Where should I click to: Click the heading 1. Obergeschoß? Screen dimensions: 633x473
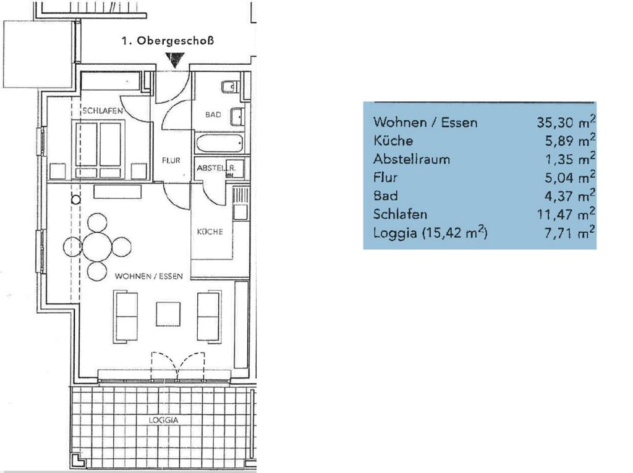(x=168, y=41)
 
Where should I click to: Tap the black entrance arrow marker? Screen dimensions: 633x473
(x=175, y=61)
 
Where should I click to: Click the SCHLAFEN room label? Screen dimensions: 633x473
(x=103, y=111)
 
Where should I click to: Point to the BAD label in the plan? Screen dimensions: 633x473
(x=213, y=114)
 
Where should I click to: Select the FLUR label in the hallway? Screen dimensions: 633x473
(x=171, y=161)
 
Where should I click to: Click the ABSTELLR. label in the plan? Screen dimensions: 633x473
(x=216, y=168)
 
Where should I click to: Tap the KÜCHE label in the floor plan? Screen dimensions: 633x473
(x=210, y=232)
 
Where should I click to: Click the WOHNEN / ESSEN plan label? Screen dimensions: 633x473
(x=149, y=276)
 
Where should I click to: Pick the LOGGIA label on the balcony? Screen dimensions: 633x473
(x=163, y=420)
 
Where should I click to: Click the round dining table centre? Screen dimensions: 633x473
(x=97, y=246)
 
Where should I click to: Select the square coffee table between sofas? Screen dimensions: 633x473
(x=168, y=314)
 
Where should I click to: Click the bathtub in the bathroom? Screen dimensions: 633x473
(x=219, y=143)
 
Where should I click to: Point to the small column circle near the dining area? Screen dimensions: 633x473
(x=75, y=199)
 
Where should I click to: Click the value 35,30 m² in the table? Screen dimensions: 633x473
(x=566, y=122)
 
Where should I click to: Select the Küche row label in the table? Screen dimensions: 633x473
(x=393, y=140)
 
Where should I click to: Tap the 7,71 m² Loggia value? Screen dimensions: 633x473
(x=569, y=232)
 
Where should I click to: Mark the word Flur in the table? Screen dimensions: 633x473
(x=386, y=177)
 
